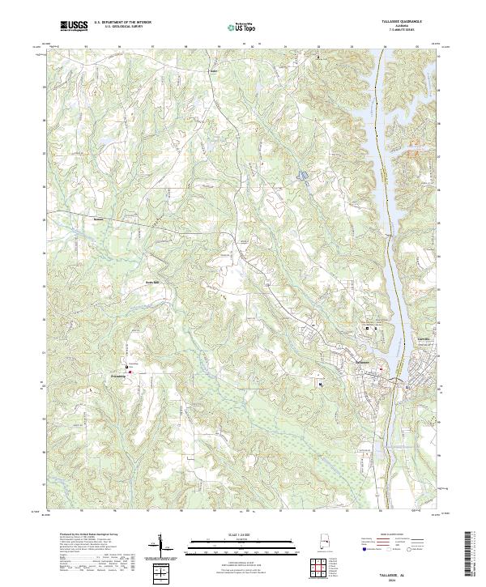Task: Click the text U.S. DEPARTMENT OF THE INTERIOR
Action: pos(122,22)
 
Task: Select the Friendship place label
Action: pos(120,376)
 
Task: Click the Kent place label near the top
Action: pos(215,70)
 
